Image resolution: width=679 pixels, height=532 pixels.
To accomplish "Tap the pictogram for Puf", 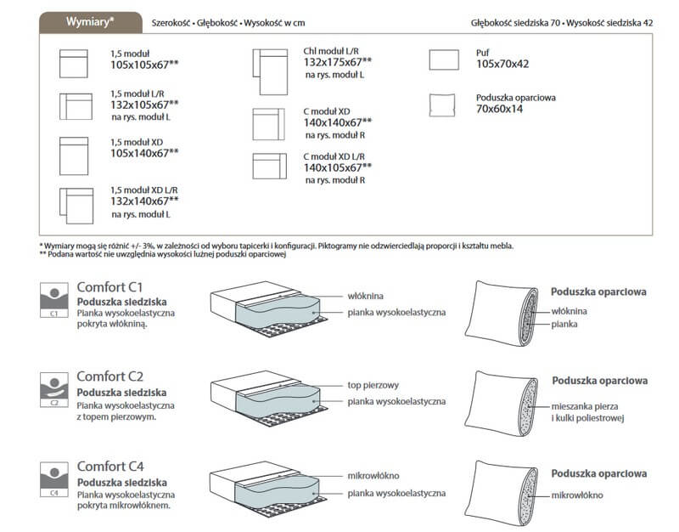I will pos(444,59).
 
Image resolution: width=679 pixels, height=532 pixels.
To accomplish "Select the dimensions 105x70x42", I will pos(502,64).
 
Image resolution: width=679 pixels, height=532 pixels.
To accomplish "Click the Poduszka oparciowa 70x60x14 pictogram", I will pos(444,105).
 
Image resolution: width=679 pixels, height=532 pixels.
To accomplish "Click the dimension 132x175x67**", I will pos(338,62).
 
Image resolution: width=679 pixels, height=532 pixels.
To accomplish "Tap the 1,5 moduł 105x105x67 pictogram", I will pos(74,63).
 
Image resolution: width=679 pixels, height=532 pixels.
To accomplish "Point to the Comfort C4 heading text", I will pos(110,467).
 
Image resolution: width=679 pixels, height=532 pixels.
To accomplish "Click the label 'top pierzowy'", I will pos(372,384).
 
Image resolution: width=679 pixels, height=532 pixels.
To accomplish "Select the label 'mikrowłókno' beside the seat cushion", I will pos(373,476).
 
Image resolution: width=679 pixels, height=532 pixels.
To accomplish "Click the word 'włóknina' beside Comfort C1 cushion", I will pos(366,297).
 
